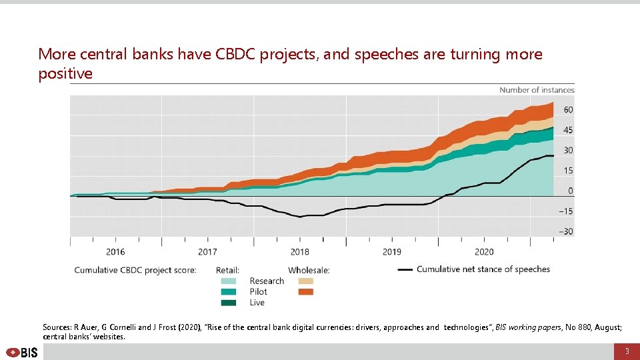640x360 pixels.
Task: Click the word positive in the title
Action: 65,74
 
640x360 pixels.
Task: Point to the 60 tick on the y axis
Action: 568,109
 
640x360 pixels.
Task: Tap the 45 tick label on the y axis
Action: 568,130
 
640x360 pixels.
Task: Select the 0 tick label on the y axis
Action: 570,191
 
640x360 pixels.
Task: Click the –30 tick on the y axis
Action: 566,231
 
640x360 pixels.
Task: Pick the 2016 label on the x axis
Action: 115,252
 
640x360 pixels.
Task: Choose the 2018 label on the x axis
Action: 300,252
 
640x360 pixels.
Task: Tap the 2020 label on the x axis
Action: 484,252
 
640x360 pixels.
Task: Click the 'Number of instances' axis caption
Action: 537,90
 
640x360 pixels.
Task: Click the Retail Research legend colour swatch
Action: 228,281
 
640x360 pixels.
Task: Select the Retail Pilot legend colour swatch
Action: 228,292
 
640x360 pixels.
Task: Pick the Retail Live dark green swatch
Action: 228,303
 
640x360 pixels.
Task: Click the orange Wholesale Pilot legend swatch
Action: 306,292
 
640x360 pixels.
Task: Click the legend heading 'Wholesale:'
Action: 309,270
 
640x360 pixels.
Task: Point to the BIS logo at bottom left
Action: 22,352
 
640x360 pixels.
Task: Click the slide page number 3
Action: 626,351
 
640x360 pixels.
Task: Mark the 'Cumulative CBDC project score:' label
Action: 135,270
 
